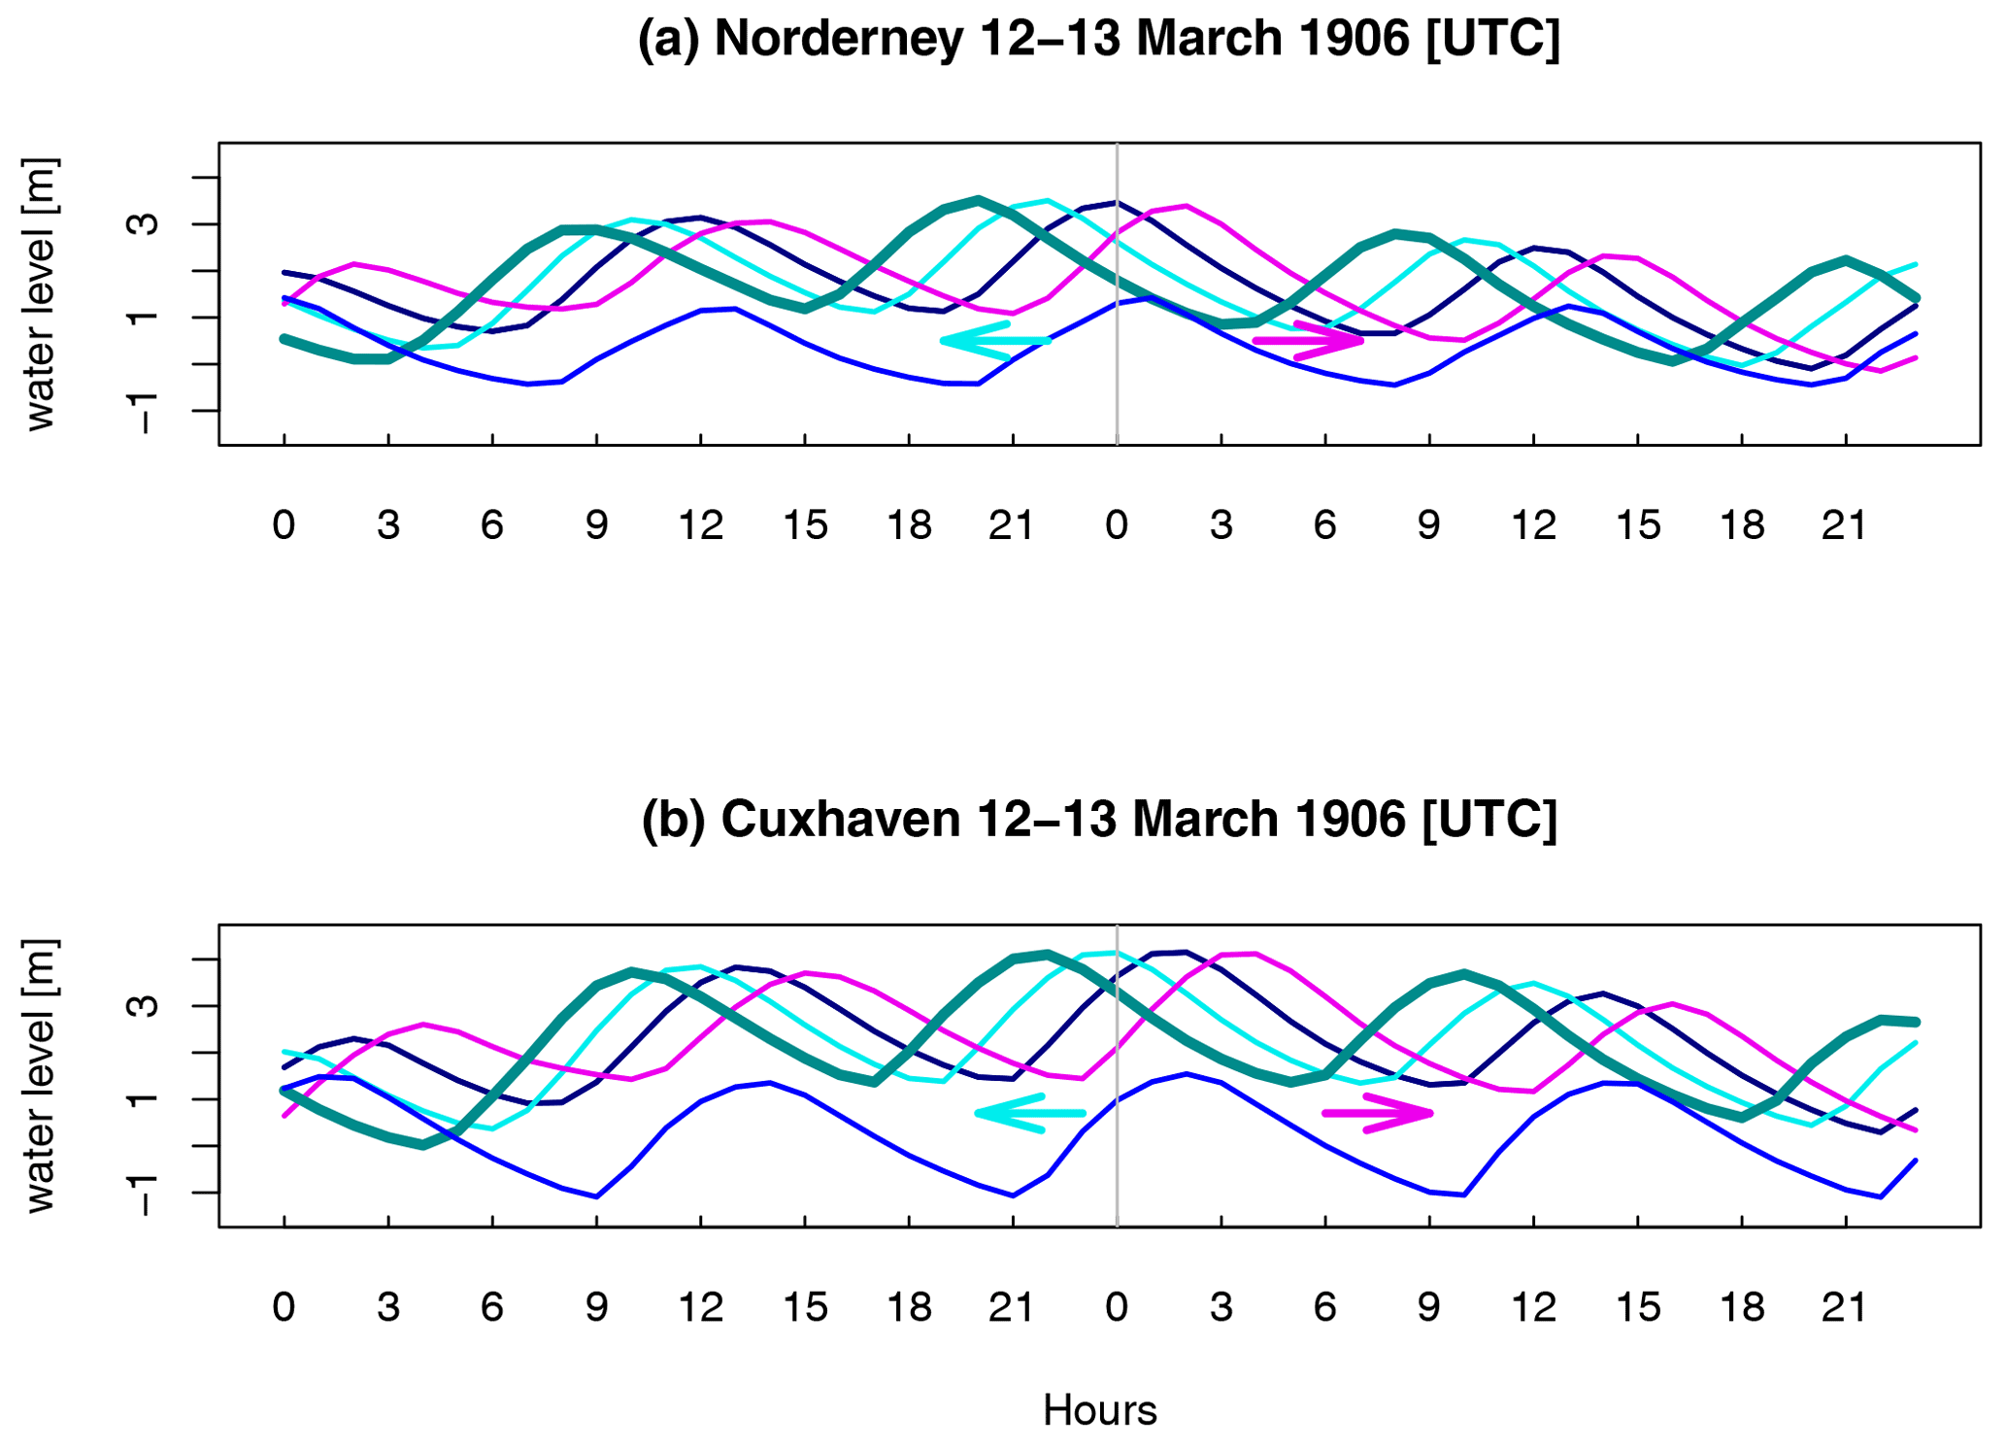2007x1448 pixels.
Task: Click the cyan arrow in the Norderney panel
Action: (x=995, y=341)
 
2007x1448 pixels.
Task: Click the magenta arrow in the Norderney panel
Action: (x=1309, y=341)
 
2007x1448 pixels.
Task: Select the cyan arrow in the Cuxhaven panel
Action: (x=1029, y=1113)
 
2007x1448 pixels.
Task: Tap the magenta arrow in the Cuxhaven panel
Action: (x=1378, y=1113)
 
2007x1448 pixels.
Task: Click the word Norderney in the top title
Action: (x=838, y=39)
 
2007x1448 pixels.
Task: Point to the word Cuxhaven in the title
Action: (x=839, y=819)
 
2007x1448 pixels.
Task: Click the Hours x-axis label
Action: (x=1099, y=1410)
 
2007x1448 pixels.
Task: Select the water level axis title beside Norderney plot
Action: (x=40, y=293)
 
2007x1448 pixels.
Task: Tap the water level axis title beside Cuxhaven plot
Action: (x=40, y=1075)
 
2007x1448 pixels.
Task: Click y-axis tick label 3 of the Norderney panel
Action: (x=144, y=224)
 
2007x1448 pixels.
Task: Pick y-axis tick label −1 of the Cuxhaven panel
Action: (x=144, y=1193)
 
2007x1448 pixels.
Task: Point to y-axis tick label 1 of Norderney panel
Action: (x=144, y=318)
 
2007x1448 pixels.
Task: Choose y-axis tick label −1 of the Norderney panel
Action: (x=144, y=412)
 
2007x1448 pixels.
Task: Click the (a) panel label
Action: (x=668, y=39)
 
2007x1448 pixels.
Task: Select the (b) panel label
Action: (x=672, y=819)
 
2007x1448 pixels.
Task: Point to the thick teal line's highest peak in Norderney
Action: (x=978, y=199)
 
